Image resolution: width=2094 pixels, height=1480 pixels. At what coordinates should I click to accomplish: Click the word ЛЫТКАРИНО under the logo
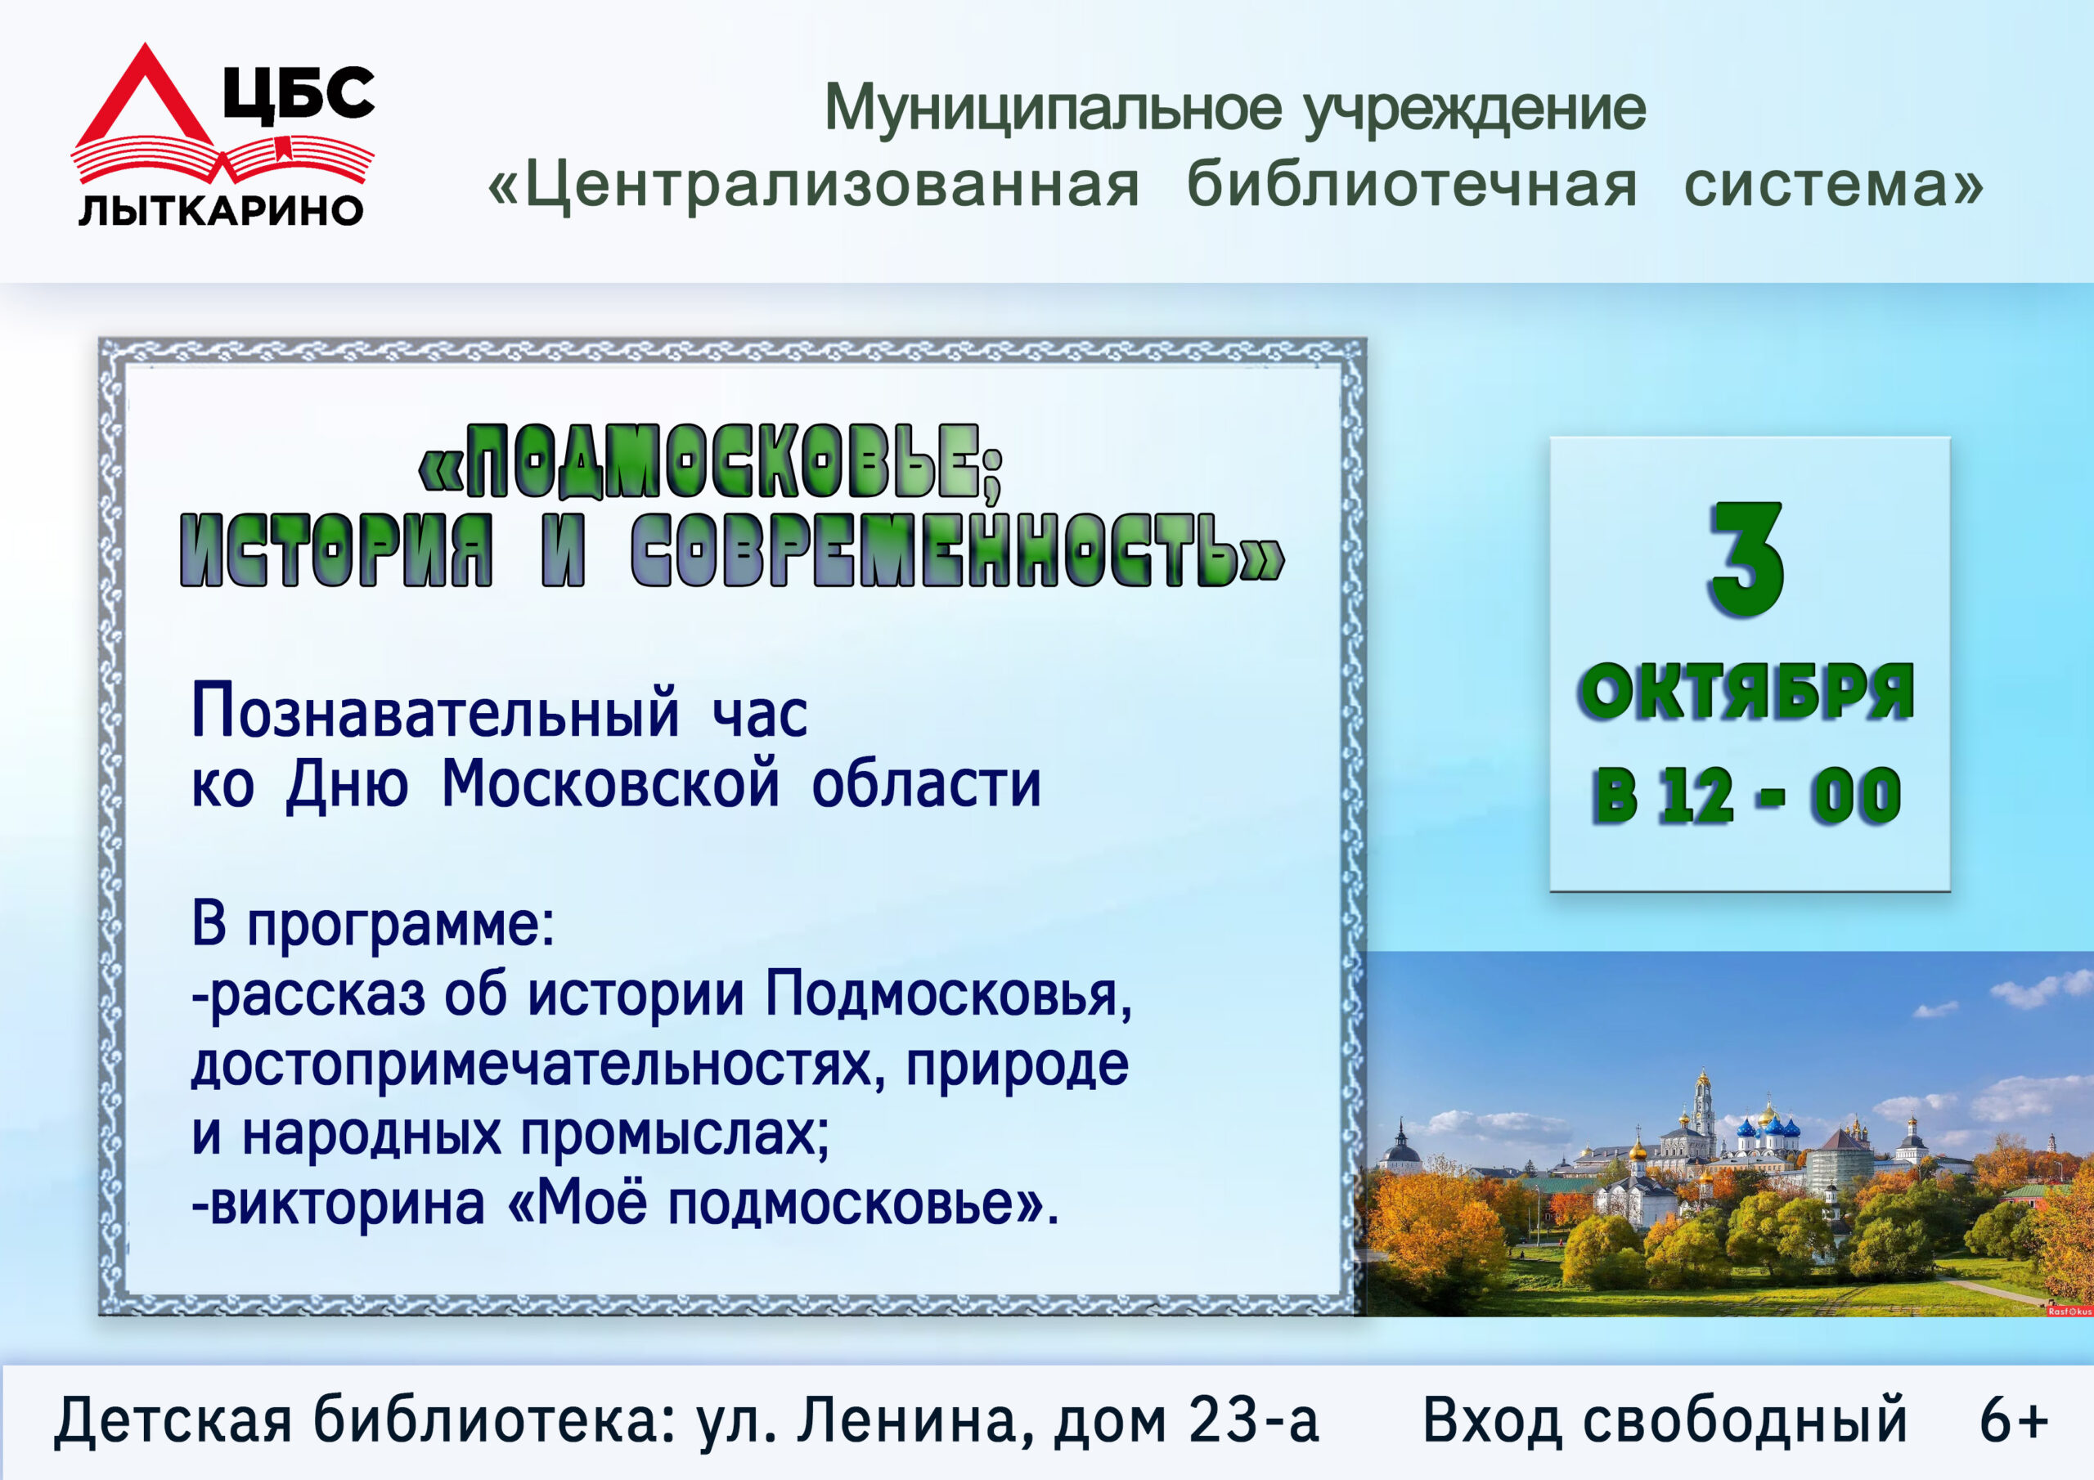[221, 211]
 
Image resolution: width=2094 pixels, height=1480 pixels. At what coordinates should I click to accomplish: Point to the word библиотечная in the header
[1411, 183]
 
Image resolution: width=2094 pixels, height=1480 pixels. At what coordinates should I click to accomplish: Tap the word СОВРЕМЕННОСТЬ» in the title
[958, 549]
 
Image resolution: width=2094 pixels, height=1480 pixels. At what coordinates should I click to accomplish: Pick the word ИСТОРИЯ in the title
[336, 549]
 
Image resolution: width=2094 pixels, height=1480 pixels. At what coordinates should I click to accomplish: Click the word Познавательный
[435, 712]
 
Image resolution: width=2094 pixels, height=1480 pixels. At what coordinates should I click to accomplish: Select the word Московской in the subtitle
[610, 783]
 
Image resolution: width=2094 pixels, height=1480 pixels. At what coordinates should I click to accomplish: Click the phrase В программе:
[373, 926]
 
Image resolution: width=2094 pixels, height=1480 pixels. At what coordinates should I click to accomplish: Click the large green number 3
[1746, 560]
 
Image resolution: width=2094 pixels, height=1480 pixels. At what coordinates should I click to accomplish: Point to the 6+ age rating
[2014, 1419]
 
